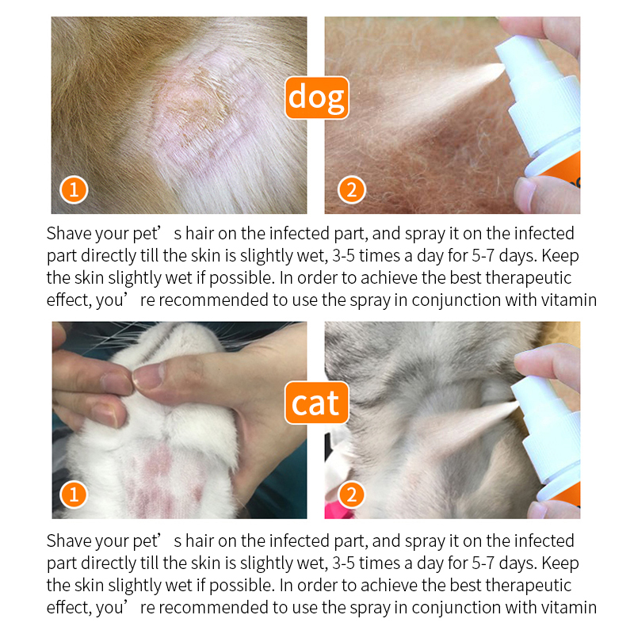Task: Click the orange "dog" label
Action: tap(316, 97)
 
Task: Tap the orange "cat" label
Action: tap(316, 403)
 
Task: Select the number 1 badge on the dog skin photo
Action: tap(74, 190)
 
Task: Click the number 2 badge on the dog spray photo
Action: tap(352, 190)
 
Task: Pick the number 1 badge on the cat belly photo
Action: tap(74, 495)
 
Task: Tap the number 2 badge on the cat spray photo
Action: tap(352, 495)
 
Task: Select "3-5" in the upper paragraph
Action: tap(346, 256)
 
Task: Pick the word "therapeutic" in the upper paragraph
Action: tap(529, 278)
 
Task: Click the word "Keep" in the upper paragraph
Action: tap(559, 256)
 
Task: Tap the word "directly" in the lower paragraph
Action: tap(104, 563)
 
